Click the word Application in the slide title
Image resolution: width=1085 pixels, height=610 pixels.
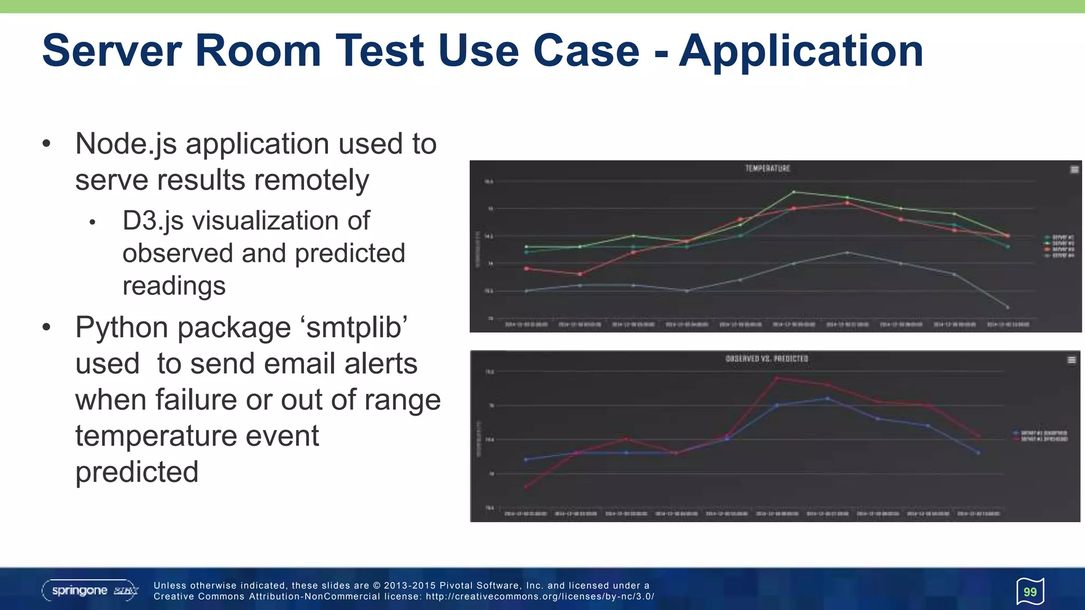(801, 51)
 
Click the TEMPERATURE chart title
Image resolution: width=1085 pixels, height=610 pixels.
(767, 168)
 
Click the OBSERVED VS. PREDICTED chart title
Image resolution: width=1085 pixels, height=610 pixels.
(767, 358)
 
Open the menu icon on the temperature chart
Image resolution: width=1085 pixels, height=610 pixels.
(1074, 169)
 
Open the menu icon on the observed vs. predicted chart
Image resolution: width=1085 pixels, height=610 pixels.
(1071, 360)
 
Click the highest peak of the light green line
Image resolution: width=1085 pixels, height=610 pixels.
(794, 192)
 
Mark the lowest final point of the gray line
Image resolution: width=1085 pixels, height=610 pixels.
(1008, 307)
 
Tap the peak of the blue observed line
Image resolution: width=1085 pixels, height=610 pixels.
(828, 398)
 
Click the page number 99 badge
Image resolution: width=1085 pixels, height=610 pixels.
(1030, 591)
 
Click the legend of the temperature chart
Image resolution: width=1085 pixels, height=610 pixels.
(1059, 246)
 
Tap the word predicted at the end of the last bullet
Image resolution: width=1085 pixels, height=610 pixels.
(137, 472)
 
